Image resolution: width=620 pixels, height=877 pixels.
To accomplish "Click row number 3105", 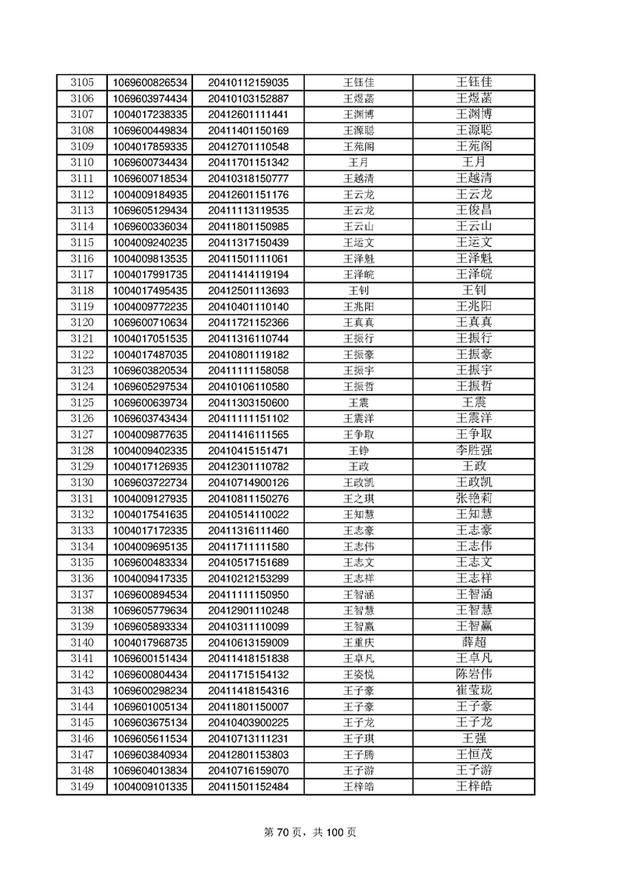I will pyautogui.click(x=81, y=82).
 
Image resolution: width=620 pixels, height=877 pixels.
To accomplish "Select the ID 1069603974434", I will pyautogui.click(x=150, y=98).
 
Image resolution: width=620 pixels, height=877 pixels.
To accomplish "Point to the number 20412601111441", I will pyautogui.click(x=248, y=114).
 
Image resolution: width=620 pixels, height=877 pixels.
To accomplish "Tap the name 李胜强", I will pyautogui.click(x=474, y=450).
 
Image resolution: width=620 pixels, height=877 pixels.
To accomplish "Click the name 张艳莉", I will pyautogui.click(x=474, y=498).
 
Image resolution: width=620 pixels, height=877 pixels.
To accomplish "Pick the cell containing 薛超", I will pyautogui.click(x=474, y=642).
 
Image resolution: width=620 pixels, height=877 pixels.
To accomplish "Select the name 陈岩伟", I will pyautogui.click(x=474, y=674).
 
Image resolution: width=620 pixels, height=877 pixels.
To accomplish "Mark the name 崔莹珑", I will pyautogui.click(x=474, y=690).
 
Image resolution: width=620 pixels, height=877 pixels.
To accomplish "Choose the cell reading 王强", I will pyautogui.click(x=474, y=738).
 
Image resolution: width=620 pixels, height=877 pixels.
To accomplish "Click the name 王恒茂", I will pyautogui.click(x=474, y=754).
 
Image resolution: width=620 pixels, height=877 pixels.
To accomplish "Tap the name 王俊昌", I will pyautogui.click(x=474, y=210).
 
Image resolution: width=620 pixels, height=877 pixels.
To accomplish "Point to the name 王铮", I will pyautogui.click(x=358, y=450).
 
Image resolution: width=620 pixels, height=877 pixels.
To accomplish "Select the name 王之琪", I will pyautogui.click(x=358, y=498).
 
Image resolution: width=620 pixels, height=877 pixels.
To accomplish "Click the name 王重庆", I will pyautogui.click(x=358, y=642).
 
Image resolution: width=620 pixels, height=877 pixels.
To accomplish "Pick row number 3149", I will pyautogui.click(x=81, y=786).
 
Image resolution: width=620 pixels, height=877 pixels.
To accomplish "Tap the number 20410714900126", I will pyautogui.click(x=248, y=482).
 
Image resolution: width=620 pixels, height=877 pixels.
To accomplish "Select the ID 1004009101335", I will pyautogui.click(x=150, y=786).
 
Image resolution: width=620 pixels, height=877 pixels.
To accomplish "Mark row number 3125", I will pyautogui.click(x=81, y=403).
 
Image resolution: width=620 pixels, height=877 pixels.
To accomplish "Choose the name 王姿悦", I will pyautogui.click(x=358, y=674).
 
